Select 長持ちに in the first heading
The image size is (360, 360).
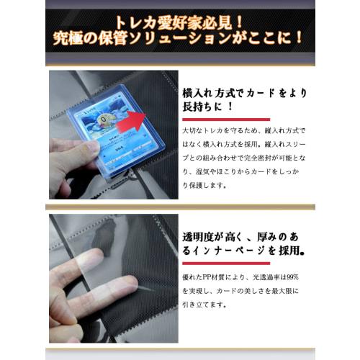pos(208,108)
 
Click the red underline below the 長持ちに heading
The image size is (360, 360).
pos(226,120)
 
